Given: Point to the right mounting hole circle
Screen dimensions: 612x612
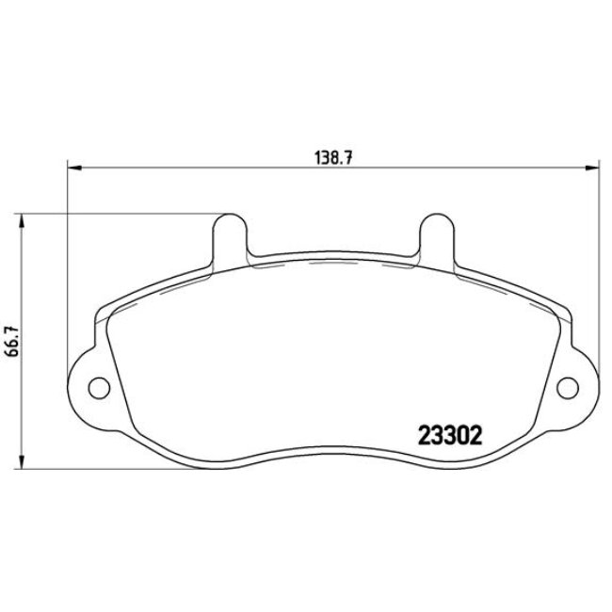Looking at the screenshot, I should coord(568,386).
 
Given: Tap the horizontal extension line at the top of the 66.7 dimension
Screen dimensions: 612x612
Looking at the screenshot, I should coord(122,214).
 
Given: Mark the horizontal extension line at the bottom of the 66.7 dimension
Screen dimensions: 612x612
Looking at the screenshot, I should coord(94,469).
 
